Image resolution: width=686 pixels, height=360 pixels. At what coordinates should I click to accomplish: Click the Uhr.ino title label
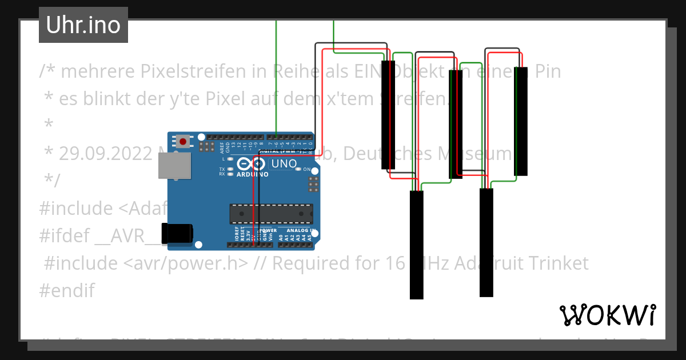[83, 25]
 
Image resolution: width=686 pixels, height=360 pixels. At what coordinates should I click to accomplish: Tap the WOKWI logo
[607, 315]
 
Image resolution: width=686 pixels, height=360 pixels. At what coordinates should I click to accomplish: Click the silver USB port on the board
[174, 166]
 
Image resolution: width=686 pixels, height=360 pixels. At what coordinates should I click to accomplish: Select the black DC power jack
[177, 234]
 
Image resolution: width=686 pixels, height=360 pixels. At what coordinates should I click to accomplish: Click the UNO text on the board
[284, 164]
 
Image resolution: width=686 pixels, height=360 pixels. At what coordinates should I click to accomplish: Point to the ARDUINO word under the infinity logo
[252, 174]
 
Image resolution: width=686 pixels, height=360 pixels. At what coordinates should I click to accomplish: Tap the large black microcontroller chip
[271, 213]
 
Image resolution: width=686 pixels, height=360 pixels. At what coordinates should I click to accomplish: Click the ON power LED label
[306, 170]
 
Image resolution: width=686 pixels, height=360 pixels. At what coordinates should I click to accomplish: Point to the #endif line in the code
[66, 290]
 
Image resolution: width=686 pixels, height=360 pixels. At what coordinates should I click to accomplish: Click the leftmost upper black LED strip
[388, 114]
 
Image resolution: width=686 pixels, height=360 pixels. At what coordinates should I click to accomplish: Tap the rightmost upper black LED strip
[520, 121]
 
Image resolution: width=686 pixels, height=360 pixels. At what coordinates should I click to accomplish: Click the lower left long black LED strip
[416, 245]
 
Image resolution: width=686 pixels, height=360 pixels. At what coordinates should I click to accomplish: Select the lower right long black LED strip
[486, 242]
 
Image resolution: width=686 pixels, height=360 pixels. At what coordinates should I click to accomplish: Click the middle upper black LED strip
[455, 124]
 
